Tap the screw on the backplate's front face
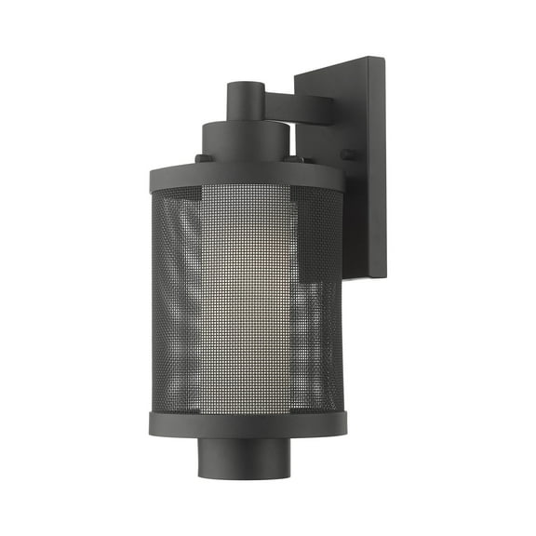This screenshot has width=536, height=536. point(348,154)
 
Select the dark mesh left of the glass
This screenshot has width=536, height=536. point(177,298)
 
